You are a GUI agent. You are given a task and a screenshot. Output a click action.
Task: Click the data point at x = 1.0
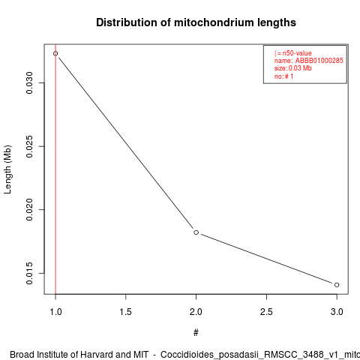(x=55, y=53)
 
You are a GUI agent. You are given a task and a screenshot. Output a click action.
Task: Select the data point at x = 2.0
(x=196, y=232)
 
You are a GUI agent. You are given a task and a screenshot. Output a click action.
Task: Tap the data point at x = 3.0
(x=337, y=285)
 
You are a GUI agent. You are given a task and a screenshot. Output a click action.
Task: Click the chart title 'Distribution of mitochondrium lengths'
(x=196, y=22)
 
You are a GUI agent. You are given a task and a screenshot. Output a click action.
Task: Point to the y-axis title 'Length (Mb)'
(x=7, y=169)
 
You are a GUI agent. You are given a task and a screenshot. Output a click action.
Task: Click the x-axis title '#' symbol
(x=196, y=333)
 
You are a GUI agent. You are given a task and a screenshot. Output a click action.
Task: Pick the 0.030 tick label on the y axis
(x=29, y=82)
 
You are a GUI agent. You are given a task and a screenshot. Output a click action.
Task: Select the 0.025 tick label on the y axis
(x=29, y=146)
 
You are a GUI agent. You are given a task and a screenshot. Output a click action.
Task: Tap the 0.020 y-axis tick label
(x=29, y=209)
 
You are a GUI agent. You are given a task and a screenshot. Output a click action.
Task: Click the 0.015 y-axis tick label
(x=29, y=273)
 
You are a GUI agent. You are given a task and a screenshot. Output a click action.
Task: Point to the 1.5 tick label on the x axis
(x=126, y=312)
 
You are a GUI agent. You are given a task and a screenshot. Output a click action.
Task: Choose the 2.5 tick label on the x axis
(x=266, y=312)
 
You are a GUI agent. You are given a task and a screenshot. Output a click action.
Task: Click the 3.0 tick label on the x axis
(x=337, y=312)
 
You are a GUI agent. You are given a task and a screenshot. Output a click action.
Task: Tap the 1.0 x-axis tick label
(x=55, y=312)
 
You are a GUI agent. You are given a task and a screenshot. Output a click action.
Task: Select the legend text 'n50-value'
(x=297, y=53)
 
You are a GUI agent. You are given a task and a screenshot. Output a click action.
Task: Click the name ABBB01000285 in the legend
(x=319, y=61)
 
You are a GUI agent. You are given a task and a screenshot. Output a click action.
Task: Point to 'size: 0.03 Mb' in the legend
(x=293, y=68)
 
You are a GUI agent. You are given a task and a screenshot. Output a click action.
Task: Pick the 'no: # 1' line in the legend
(x=283, y=76)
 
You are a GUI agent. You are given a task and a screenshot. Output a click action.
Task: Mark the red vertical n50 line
(x=55, y=169)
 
